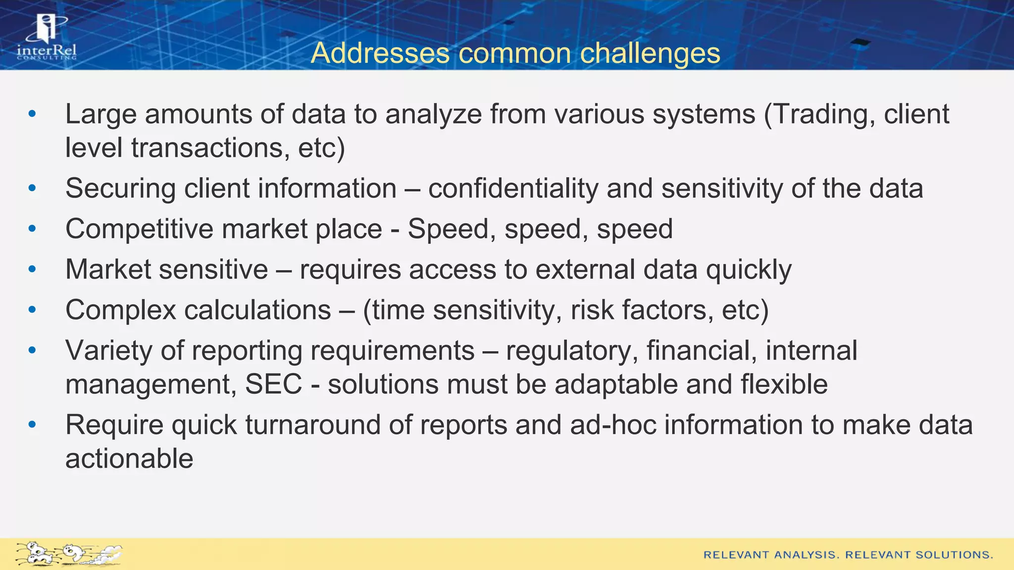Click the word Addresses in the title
379,53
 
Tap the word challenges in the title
650,53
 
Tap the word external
585,270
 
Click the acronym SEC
273,384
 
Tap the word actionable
129,459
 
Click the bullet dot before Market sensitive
33,270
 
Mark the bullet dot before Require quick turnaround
33,425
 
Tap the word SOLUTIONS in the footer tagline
954,555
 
